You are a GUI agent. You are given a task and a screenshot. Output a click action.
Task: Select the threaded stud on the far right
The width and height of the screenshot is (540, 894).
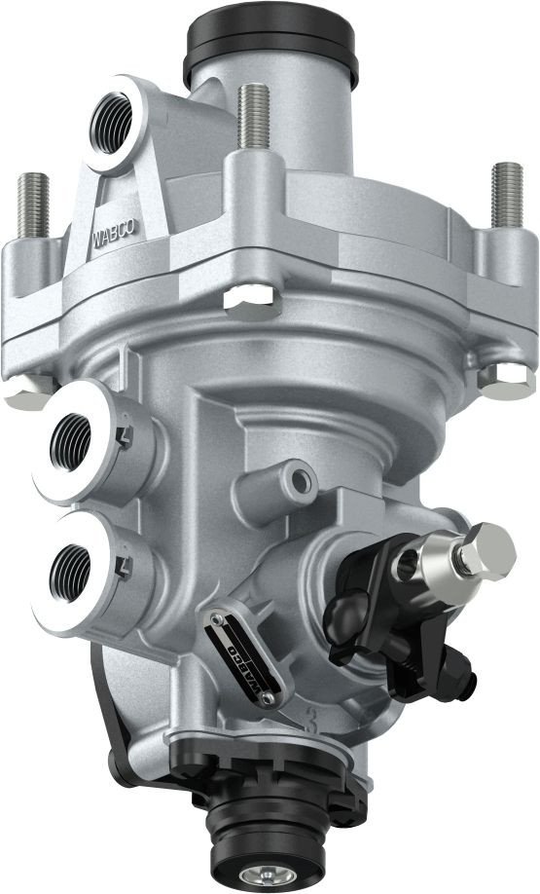pyautogui.click(x=508, y=195)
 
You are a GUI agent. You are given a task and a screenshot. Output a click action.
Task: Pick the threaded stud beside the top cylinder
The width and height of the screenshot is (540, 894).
pyautogui.click(x=254, y=118)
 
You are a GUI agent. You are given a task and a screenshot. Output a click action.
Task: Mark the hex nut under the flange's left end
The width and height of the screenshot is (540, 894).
pyautogui.click(x=26, y=391)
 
